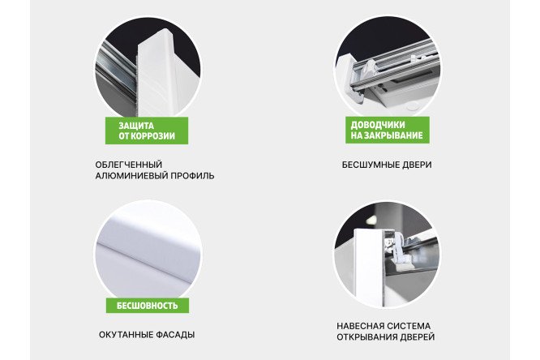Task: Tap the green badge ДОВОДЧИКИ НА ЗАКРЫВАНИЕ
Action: (x=384, y=131)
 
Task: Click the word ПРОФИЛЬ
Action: (x=191, y=176)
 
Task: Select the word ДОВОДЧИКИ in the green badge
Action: (x=376, y=125)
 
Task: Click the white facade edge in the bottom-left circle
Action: (x=146, y=243)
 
